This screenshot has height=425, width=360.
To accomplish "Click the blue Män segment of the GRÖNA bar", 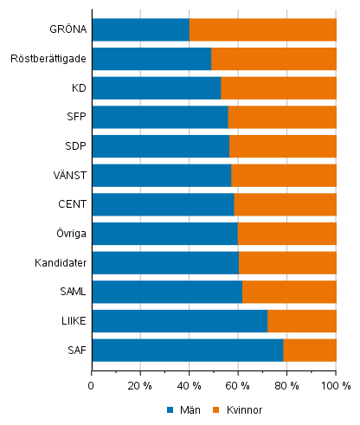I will (140, 29).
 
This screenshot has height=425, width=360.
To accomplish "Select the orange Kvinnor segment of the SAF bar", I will (310, 350).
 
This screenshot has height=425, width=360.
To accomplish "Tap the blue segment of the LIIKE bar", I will (179, 321).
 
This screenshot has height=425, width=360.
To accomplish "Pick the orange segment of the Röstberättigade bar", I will (273, 59).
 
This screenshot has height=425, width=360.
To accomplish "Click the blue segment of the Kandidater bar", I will (164, 262).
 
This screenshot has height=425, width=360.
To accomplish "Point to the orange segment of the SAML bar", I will (289, 292).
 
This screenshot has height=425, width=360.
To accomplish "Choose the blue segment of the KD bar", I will (156, 88).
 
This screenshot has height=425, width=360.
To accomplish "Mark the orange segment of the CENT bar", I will (285, 204).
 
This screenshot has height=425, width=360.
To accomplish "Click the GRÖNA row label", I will (68, 29).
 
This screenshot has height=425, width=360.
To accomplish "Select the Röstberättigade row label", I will (48, 59).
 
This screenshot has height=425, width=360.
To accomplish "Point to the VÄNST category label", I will (70, 176).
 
